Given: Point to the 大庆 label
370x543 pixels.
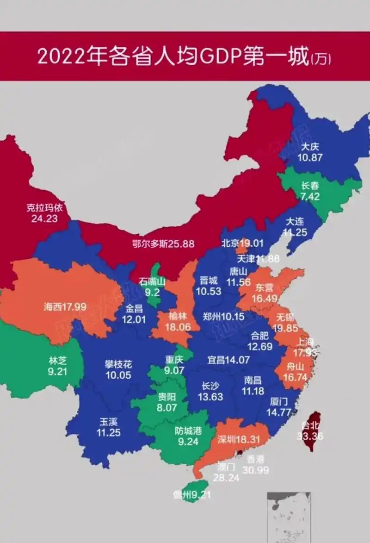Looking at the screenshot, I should coord(310,147).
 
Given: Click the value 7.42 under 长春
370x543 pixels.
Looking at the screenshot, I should coord(310,196).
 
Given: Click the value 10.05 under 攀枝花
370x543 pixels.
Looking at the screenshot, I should coord(118,375).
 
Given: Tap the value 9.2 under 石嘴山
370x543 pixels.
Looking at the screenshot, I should coord(153,292).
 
